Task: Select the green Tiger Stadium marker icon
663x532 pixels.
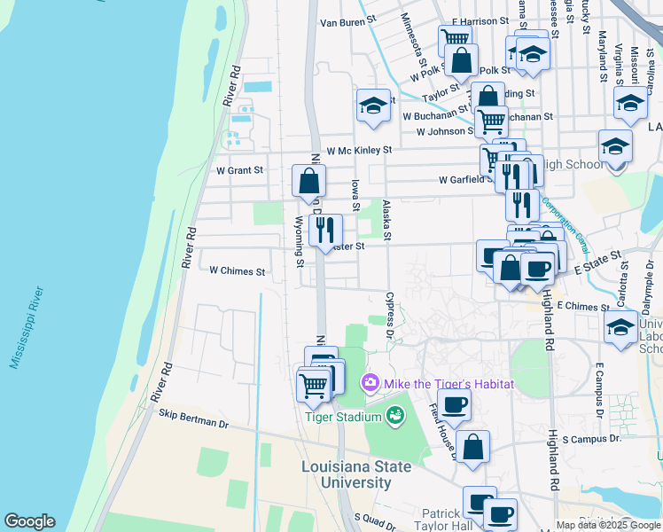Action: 395,414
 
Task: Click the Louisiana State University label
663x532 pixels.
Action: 356,474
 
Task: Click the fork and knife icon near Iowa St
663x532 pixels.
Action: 326,230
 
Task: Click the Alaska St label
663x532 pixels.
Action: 386,219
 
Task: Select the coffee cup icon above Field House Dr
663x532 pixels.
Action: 454,404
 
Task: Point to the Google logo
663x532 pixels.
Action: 29,521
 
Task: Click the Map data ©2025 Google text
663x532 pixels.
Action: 607,524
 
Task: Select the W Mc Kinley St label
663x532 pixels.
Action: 358,151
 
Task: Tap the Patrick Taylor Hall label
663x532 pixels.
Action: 441,520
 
